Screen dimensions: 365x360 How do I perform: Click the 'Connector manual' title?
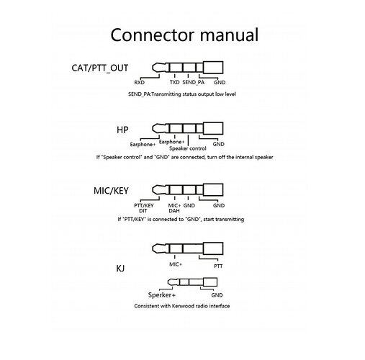click(x=184, y=35)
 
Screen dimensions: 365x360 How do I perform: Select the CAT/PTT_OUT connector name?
click(x=100, y=68)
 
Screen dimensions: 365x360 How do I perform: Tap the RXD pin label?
click(x=139, y=83)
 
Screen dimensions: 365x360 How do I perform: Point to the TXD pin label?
click(x=174, y=82)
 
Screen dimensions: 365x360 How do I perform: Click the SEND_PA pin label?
click(x=193, y=83)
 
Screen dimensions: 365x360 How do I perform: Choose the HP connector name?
click(x=122, y=130)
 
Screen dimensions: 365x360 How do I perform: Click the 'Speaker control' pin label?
click(x=188, y=148)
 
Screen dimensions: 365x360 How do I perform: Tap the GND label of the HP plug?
click(x=219, y=144)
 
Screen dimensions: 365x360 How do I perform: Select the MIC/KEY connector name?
click(x=111, y=191)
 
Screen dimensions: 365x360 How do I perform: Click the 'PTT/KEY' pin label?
click(x=144, y=206)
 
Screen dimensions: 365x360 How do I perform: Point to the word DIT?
click(x=143, y=211)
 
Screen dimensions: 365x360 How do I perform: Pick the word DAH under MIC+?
click(x=174, y=211)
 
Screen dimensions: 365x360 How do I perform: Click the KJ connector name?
click(x=120, y=269)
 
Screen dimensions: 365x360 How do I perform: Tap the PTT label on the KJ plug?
click(x=218, y=266)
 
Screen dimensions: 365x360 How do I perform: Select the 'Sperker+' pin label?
click(x=162, y=295)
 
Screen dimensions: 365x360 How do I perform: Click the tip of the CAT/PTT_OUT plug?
click(x=158, y=68)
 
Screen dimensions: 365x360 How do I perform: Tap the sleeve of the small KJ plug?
click(x=210, y=282)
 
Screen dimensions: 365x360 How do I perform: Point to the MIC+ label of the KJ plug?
click(x=176, y=264)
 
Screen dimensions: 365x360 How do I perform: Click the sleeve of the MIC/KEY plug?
click(x=213, y=190)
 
